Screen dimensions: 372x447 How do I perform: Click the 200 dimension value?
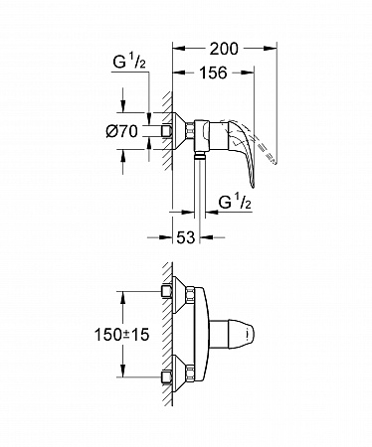tap(224, 49)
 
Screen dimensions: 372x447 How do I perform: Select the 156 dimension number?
tap(213, 73)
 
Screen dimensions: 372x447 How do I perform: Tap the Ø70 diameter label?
tap(121, 131)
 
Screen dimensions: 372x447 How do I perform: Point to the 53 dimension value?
tap(185, 237)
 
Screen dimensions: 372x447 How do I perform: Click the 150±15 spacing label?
tap(122, 335)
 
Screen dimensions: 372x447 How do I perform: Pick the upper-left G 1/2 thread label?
tap(129, 62)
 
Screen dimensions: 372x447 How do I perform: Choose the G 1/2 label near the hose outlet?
tap(235, 202)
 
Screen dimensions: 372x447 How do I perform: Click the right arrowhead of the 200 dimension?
tap(270, 49)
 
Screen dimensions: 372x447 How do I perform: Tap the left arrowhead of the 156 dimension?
tap(179, 73)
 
